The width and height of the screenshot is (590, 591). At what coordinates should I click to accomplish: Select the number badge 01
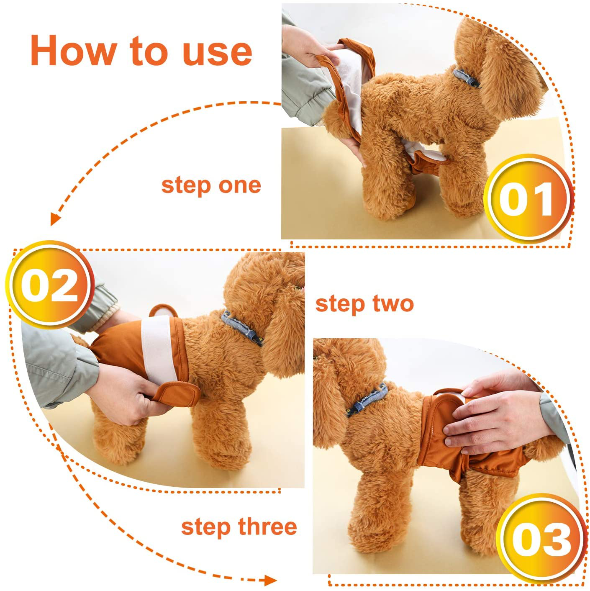[528, 198]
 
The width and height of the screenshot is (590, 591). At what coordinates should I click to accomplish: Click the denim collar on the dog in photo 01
[466, 78]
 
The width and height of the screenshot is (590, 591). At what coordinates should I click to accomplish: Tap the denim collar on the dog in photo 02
[242, 328]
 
